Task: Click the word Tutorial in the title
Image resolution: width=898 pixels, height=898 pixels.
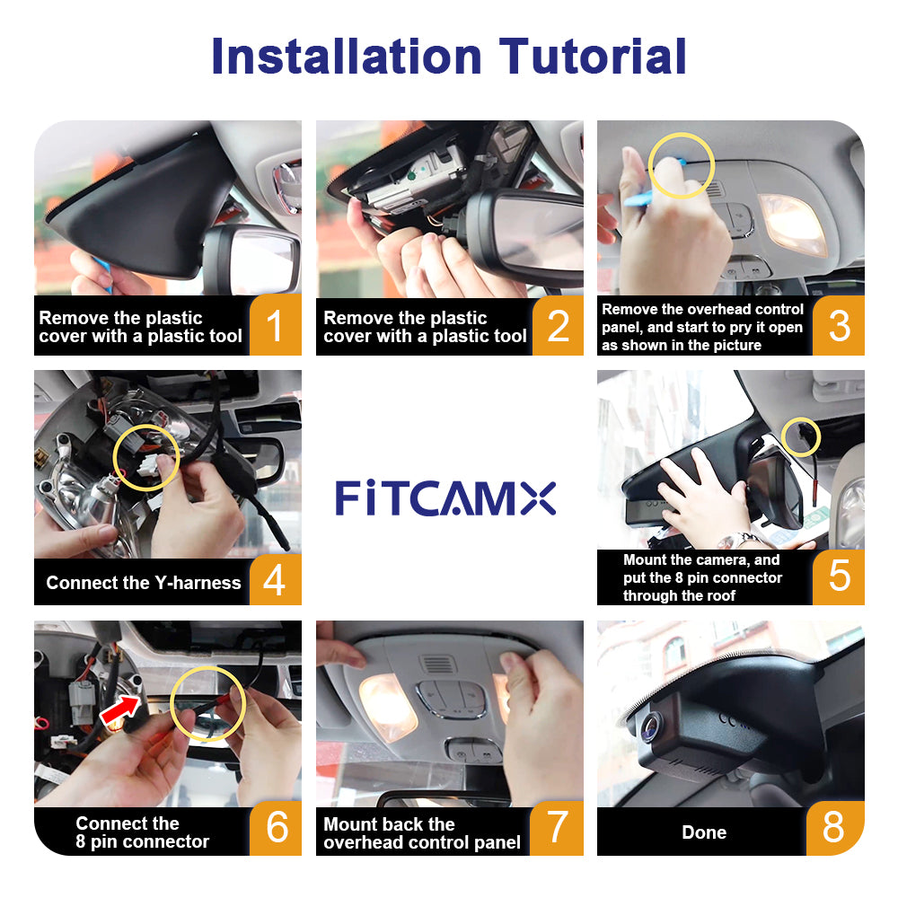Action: (x=593, y=56)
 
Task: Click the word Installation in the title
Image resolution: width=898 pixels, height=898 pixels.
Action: (x=347, y=56)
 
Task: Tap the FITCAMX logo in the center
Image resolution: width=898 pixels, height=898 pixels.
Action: (x=445, y=498)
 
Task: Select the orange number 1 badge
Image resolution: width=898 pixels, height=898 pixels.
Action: (x=276, y=325)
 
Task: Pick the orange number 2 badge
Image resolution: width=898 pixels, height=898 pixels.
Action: (x=558, y=326)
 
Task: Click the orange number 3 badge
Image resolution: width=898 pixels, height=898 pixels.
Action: (x=839, y=326)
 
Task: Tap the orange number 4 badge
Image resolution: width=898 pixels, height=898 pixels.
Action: (x=276, y=579)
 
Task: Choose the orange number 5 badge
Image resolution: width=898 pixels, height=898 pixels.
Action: (x=839, y=577)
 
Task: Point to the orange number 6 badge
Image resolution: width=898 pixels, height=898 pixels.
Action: (x=276, y=828)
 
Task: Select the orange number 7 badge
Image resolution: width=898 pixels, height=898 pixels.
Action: (x=557, y=828)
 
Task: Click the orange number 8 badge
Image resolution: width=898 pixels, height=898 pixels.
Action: (x=835, y=828)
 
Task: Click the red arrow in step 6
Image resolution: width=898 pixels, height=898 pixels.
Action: (x=120, y=709)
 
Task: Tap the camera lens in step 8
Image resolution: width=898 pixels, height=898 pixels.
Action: (x=652, y=727)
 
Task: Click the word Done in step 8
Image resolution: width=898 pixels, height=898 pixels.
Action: (x=704, y=832)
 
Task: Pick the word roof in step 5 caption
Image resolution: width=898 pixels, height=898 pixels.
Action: (x=721, y=595)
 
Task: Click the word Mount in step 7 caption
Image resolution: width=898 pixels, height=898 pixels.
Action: (x=352, y=824)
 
